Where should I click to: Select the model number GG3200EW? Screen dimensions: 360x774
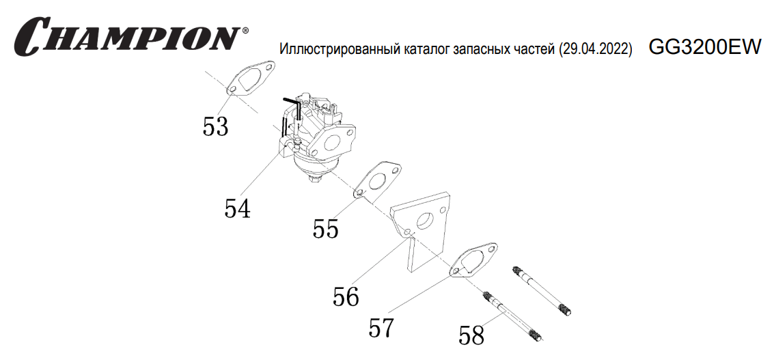704,47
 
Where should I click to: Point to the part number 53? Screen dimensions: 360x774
216,126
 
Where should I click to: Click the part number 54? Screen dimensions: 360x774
237,208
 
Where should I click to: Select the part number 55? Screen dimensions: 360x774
326,229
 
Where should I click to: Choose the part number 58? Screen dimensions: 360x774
471,335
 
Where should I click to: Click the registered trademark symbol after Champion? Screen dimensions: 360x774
245,31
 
